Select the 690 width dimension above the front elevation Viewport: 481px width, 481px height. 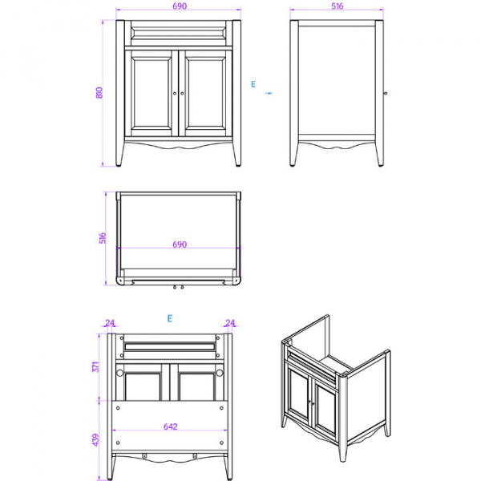tap(179, 6)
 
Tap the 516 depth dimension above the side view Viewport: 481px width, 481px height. tap(338, 6)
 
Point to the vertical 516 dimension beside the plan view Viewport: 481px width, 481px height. tap(101, 238)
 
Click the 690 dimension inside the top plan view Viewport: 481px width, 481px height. tap(179, 245)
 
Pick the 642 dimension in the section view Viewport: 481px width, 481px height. tap(170, 427)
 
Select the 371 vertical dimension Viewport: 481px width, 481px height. tap(96, 366)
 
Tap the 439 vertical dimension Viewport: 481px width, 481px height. tap(96, 439)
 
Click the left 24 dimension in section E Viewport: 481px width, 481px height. tap(110, 324)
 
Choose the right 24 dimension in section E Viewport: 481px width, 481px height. tap(231, 324)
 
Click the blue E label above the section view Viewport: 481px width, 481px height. tap(170, 318)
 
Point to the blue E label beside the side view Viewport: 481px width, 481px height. tap(253, 83)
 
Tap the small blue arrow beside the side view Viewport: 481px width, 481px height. tap(269, 94)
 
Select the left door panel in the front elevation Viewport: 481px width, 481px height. tap(152, 95)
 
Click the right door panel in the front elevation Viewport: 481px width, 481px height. tap(204, 95)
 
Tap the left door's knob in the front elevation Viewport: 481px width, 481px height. tap(174, 94)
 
